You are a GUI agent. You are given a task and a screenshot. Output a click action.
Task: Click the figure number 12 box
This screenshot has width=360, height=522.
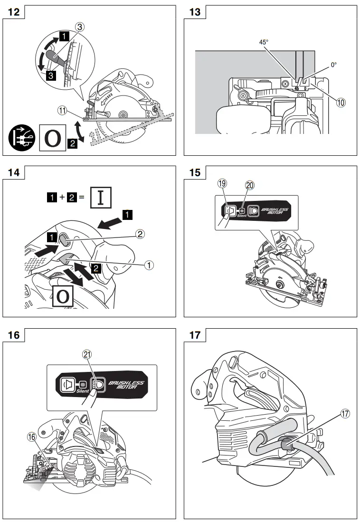[x=14, y=12]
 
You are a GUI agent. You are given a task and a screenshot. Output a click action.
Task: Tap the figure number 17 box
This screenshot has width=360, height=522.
[x=195, y=335]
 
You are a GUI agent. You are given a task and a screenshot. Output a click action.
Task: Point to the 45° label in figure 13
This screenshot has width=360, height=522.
[x=264, y=42]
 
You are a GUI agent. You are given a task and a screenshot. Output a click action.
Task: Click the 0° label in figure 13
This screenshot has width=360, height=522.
[x=334, y=65]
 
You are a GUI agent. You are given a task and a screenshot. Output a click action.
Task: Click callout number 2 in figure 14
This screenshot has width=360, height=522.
[x=140, y=233]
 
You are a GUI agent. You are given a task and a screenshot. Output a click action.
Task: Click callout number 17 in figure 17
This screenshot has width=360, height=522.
[x=345, y=413]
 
